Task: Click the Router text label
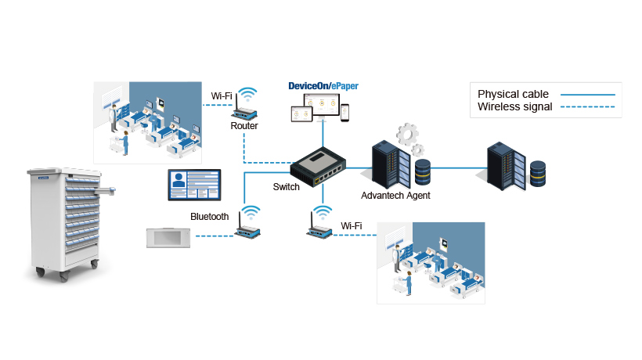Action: (x=244, y=125)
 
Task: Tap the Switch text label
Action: (x=286, y=187)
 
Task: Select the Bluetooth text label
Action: (x=210, y=217)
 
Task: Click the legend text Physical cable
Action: (x=514, y=94)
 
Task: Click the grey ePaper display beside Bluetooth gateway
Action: (x=168, y=237)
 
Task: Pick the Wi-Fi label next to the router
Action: (x=222, y=96)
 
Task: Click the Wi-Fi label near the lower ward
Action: (x=352, y=226)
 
